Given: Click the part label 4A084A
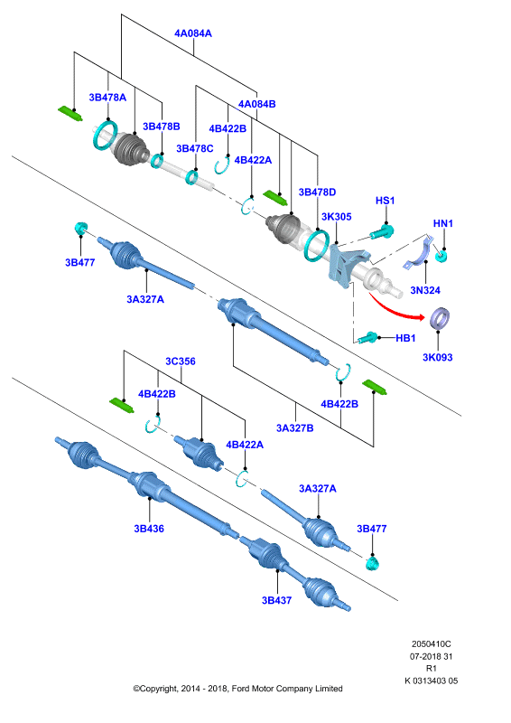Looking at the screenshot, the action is pyautogui.click(x=193, y=33).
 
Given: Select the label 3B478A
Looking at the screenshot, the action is pyautogui.click(x=107, y=98).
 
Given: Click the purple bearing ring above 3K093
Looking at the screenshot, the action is pyautogui.click(x=440, y=318).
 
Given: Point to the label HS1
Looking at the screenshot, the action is pyautogui.click(x=386, y=201).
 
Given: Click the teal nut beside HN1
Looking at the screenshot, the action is pyautogui.click(x=441, y=256).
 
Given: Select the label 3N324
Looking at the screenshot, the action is pyautogui.click(x=425, y=290).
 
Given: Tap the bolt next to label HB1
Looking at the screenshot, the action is pyautogui.click(x=368, y=337).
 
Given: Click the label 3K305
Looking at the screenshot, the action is pyautogui.click(x=337, y=217).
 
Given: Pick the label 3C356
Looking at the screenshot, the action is pyautogui.click(x=181, y=361).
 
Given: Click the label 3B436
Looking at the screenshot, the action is pyautogui.click(x=149, y=529).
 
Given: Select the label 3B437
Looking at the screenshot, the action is pyautogui.click(x=276, y=600).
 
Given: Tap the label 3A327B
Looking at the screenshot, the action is pyautogui.click(x=295, y=427).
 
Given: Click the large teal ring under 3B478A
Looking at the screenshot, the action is pyautogui.click(x=106, y=135).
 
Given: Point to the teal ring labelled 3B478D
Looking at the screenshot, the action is pyautogui.click(x=316, y=245).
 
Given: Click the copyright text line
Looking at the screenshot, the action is pyautogui.click(x=237, y=689).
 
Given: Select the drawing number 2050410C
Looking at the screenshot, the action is pyautogui.click(x=432, y=643).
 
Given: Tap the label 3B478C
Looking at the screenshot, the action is pyautogui.click(x=195, y=148).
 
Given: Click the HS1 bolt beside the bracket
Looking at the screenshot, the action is pyautogui.click(x=382, y=231).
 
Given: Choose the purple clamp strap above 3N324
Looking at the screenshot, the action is pyautogui.click(x=420, y=253).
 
